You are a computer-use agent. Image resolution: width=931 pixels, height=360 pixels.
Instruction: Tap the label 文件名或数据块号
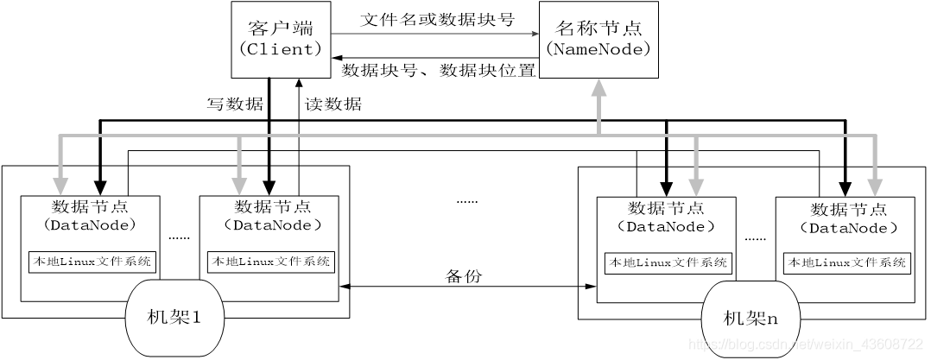pyautogui.click(x=437, y=19)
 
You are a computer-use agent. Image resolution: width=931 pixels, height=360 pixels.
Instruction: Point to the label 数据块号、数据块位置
pyautogui.click(x=439, y=70)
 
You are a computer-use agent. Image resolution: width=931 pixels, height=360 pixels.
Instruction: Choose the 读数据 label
pyautogui.click(x=333, y=104)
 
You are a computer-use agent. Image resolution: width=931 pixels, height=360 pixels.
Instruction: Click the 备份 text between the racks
pyautogui.click(x=463, y=276)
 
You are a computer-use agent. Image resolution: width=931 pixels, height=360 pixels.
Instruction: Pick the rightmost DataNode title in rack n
pyautogui.click(x=844, y=218)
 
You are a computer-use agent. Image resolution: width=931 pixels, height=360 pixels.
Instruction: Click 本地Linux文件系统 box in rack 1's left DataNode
pyautogui.click(x=91, y=262)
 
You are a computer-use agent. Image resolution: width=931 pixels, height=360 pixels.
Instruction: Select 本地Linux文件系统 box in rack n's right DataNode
pyautogui.click(x=845, y=262)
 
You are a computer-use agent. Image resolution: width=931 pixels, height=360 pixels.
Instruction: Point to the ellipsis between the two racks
pyautogui.click(x=466, y=199)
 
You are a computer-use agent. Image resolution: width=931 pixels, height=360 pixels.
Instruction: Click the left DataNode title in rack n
pyautogui.click(x=665, y=217)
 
